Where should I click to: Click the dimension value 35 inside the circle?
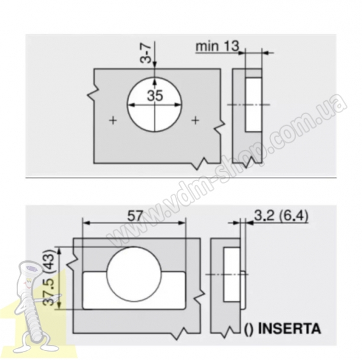(x=155, y=95)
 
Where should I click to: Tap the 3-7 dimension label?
(x=145, y=54)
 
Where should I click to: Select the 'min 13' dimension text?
(x=217, y=46)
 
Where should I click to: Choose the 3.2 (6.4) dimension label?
(x=281, y=216)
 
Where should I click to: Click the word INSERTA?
(x=289, y=329)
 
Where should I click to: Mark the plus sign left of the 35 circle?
(x=113, y=120)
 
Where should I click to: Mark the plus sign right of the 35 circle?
(x=195, y=120)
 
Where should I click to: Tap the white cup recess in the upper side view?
(x=253, y=105)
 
